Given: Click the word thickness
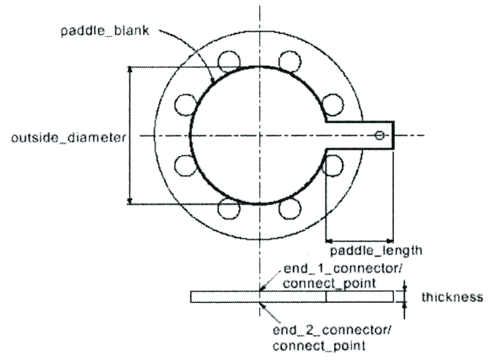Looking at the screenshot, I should tap(451, 298).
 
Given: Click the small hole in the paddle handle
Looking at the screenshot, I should tap(379, 135).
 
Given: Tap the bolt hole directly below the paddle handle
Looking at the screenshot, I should tap(334, 166).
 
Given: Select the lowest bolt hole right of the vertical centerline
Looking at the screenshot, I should tap(290, 208).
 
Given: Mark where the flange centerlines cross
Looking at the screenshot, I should tap(259, 135).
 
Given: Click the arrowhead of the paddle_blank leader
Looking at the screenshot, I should tap(212, 82).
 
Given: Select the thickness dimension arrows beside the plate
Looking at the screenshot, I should tap(405, 298).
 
